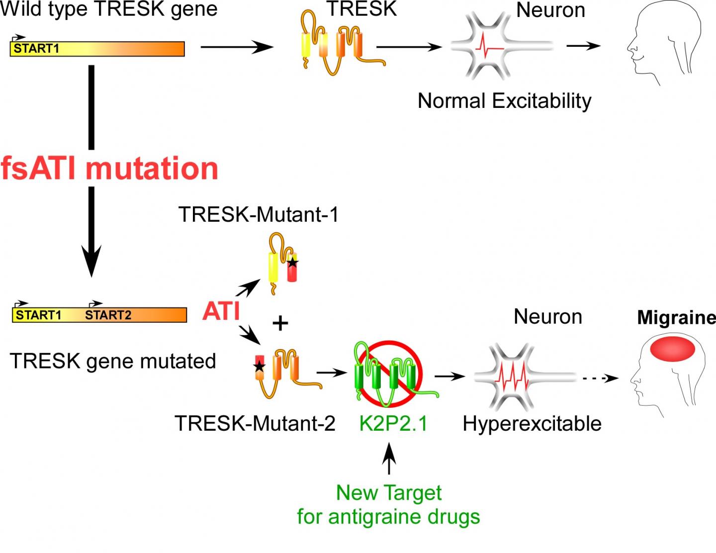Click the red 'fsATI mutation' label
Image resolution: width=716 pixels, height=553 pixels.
[109, 168]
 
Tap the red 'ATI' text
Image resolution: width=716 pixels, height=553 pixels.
[221, 311]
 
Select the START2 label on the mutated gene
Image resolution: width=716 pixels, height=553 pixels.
[108, 315]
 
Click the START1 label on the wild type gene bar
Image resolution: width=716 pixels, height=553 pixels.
[36, 49]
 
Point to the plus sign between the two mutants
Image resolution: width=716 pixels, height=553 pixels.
[280, 324]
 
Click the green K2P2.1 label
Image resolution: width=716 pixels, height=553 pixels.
[393, 424]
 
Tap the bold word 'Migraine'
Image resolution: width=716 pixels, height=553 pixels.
[676, 317]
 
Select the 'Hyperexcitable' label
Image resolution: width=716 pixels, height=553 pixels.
[532, 424]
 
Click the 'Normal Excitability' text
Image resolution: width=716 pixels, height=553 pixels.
[504, 101]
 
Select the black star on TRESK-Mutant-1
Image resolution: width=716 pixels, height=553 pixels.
[293, 262]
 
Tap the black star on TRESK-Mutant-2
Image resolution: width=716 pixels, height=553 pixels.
[259, 367]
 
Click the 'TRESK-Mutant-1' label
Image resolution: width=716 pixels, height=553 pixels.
[259, 215]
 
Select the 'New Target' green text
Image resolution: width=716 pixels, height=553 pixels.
[389, 493]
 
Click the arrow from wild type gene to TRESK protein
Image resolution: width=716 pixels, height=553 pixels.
[237, 48]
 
